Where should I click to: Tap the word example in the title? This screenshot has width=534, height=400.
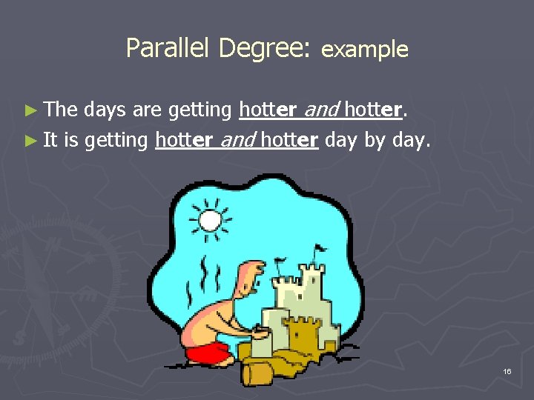click(x=365, y=50)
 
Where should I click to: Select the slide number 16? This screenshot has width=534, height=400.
click(x=507, y=370)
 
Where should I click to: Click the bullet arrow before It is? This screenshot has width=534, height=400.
click(x=30, y=140)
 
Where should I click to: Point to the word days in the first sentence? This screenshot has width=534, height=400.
click(x=105, y=110)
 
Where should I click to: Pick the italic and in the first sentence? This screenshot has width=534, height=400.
click(x=320, y=110)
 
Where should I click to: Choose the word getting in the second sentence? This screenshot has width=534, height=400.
click(x=116, y=140)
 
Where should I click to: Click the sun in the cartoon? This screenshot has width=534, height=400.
click(x=210, y=220)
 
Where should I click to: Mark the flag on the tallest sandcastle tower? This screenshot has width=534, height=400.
click(x=319, y=250)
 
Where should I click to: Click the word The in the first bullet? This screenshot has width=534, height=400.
click(x=61, y=110)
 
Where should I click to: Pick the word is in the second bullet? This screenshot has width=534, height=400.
click(x=71, y=140)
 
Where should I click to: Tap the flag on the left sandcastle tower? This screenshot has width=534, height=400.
click(x=280, y=262)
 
